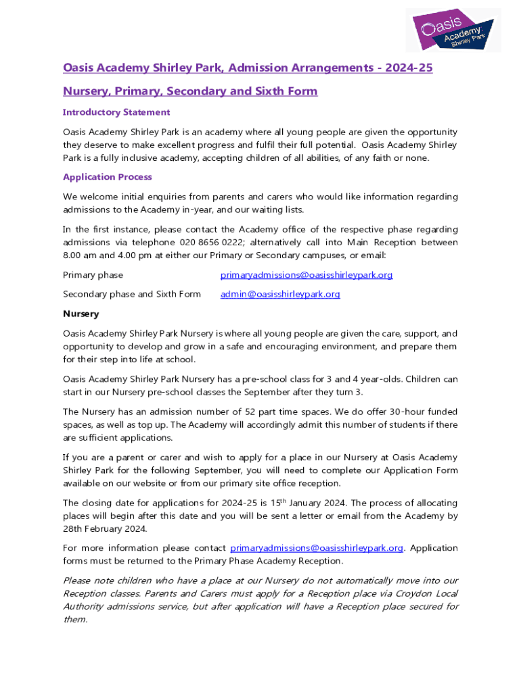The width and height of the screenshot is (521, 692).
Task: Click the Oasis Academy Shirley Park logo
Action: [453, 30]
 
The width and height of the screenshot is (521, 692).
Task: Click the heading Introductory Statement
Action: [116, 112]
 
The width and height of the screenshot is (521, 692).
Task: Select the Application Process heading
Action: [108, 177]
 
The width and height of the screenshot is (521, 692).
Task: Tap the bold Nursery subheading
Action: [81, 314]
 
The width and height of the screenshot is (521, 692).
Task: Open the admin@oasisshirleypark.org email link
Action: [280, 294]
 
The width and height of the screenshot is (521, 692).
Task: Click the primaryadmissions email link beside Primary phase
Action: [307, 275]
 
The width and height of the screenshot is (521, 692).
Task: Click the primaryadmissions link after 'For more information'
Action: [317, 548]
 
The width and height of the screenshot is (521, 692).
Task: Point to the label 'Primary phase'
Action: [93, 275]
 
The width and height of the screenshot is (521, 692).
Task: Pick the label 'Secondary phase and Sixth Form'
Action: [132, 294]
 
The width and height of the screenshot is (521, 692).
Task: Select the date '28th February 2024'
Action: [104, 528]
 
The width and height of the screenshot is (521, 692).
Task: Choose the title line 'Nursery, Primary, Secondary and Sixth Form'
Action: [190, 91]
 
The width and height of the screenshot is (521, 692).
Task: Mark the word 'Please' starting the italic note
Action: [77, 580]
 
